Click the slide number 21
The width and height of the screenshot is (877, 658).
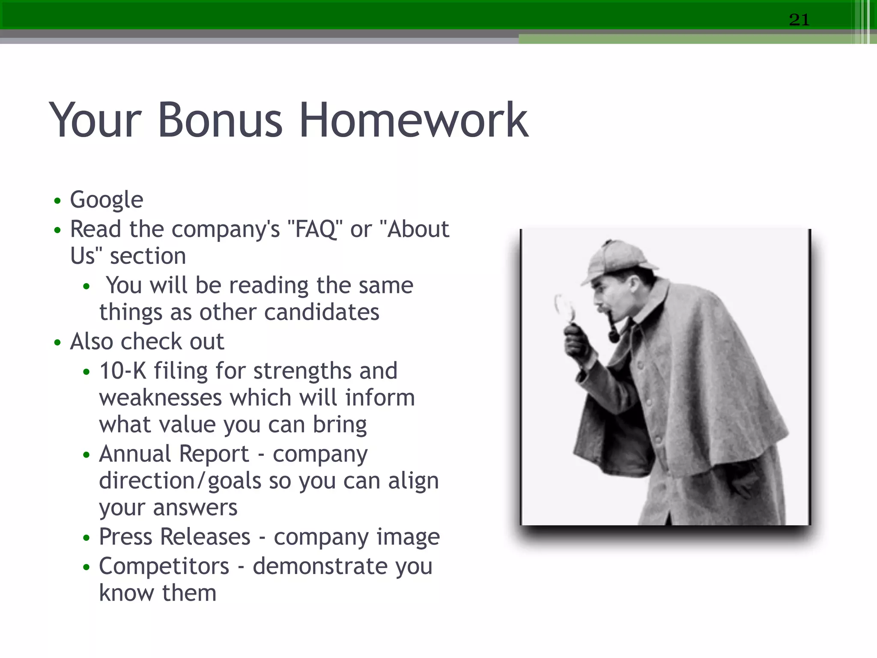[x=799, y=20]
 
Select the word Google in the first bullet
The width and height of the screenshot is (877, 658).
[x=106, y=200]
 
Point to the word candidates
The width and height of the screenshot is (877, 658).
[x=321, y=312]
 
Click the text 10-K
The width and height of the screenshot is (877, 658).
[x=123, y=371]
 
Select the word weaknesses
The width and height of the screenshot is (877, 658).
[x=160, y=398]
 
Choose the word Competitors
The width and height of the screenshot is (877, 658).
[x=164, y=566]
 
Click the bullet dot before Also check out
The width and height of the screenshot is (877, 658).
[x=58, y=343]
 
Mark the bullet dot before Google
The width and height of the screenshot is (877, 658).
[x=58, y=200]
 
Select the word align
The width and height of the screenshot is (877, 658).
[x=413, y=481]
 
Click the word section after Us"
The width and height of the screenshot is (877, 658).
[x=148, y=256]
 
